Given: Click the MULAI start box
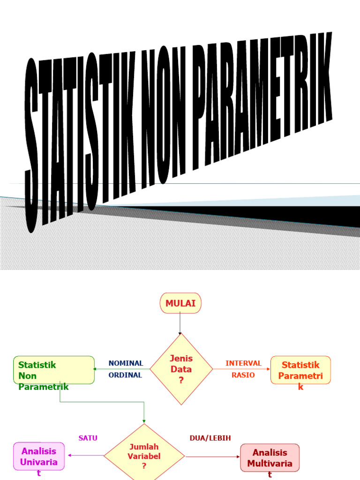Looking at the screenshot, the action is point(180,303).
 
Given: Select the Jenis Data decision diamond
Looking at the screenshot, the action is point(181,369).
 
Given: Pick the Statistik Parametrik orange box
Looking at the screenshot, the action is point(300,370).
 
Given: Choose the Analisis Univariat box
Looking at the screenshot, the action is point(38,457).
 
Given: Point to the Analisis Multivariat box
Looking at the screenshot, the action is point(270,458).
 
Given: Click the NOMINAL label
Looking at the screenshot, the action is point(126,363).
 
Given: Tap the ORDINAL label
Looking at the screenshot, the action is point(125,375).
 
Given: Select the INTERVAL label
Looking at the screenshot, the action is point(243,363).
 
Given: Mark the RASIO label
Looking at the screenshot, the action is point(243,375).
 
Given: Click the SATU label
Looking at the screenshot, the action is point(88,438).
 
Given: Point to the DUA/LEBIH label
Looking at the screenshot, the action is point(210,438).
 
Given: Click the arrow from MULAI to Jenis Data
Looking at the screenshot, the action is point(180,323).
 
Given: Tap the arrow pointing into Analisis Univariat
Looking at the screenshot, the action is point(84,455).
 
